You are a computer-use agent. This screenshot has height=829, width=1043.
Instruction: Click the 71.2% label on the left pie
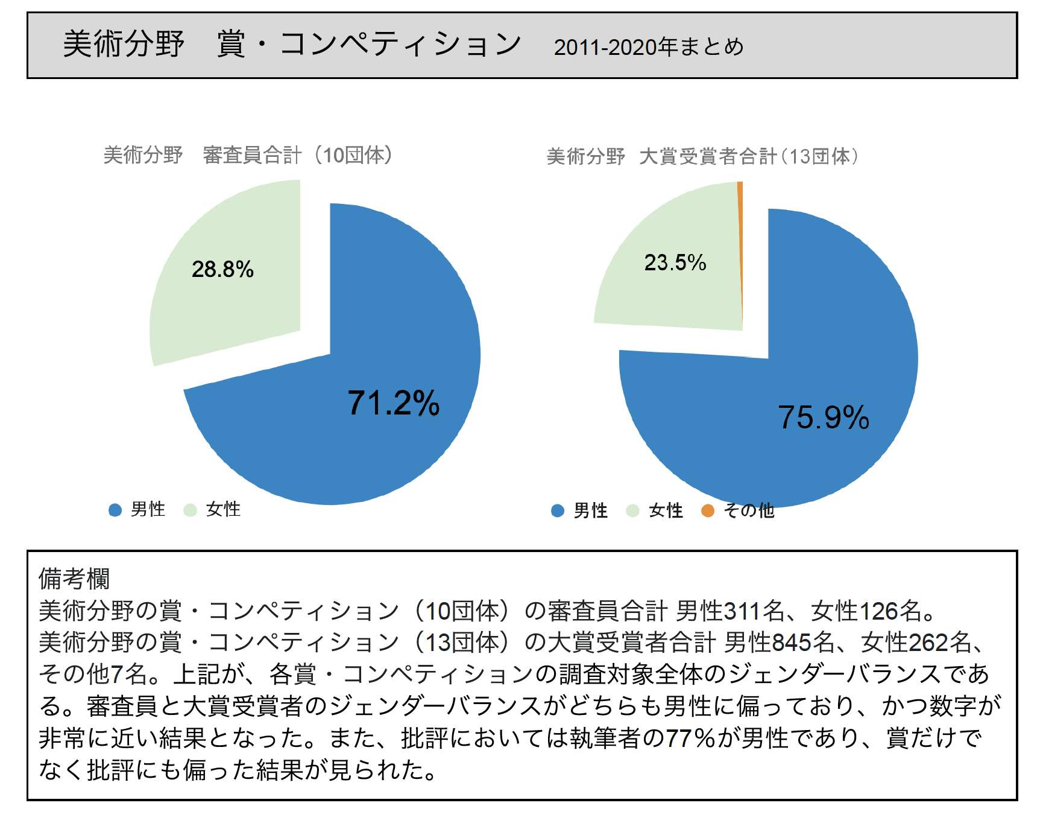click(x=394, y=402)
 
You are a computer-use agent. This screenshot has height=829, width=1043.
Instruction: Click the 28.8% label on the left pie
click(x=222, y=269)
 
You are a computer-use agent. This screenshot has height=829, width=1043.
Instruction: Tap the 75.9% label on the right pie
click(x=824, y=417)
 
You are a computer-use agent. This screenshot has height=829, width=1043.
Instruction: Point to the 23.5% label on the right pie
click(x=675, y=262)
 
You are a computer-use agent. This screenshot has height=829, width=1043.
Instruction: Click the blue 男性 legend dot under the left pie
click(x=115, y=510)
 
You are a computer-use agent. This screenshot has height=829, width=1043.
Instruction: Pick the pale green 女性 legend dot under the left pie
click(x=190, y=510)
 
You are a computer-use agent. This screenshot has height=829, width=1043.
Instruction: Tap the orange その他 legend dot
click(x=708, y=511)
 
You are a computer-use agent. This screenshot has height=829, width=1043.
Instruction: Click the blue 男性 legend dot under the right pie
click(x=558, y=511)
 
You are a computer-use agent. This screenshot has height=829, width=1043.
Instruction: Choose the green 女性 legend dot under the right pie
click(x=632, y=511)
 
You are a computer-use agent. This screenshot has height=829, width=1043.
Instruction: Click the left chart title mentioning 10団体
click(x=248, y=155)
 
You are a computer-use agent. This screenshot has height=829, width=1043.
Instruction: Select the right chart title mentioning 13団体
click(x=703, y=157)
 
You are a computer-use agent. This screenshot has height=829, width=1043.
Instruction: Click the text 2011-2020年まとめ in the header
click(x=649, y=47)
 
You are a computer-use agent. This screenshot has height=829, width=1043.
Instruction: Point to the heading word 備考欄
click(x=74, y=579)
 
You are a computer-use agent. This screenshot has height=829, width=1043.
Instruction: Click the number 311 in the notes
click(x=742, y=611)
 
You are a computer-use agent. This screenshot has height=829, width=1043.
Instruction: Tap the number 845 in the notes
click(x=791, y=643)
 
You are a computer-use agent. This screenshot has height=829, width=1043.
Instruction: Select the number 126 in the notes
click(x=878, y=611)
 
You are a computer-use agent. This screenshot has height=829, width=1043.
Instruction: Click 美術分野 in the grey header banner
click(x=124, y=44)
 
